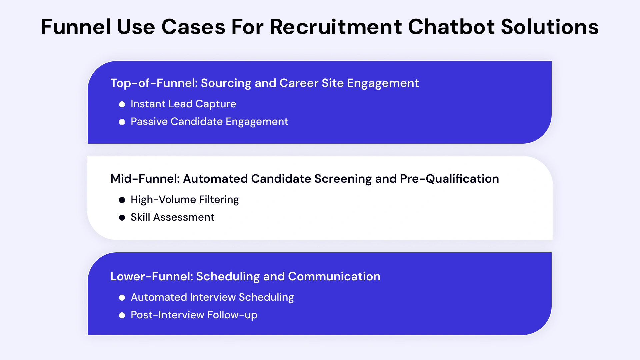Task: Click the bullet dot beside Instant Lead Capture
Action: point(122,104)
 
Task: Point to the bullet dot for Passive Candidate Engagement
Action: point(122,122)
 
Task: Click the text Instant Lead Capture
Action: point(183,104)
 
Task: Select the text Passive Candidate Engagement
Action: point(209,122)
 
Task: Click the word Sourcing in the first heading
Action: point(226,83)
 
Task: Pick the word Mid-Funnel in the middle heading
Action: point(145,179)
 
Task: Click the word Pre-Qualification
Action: point(449,179)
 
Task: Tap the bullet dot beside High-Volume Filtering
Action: point(122,200)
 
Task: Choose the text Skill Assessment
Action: point(172,217)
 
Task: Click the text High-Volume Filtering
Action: point(185,200)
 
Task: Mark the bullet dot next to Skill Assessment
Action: point(122,218)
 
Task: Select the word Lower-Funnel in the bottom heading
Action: point(151,276)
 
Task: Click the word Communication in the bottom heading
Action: point(334,276)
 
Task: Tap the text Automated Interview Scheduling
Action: point(212,297)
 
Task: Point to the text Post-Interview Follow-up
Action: point(194,315)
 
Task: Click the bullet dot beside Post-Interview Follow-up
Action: point(122,315)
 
